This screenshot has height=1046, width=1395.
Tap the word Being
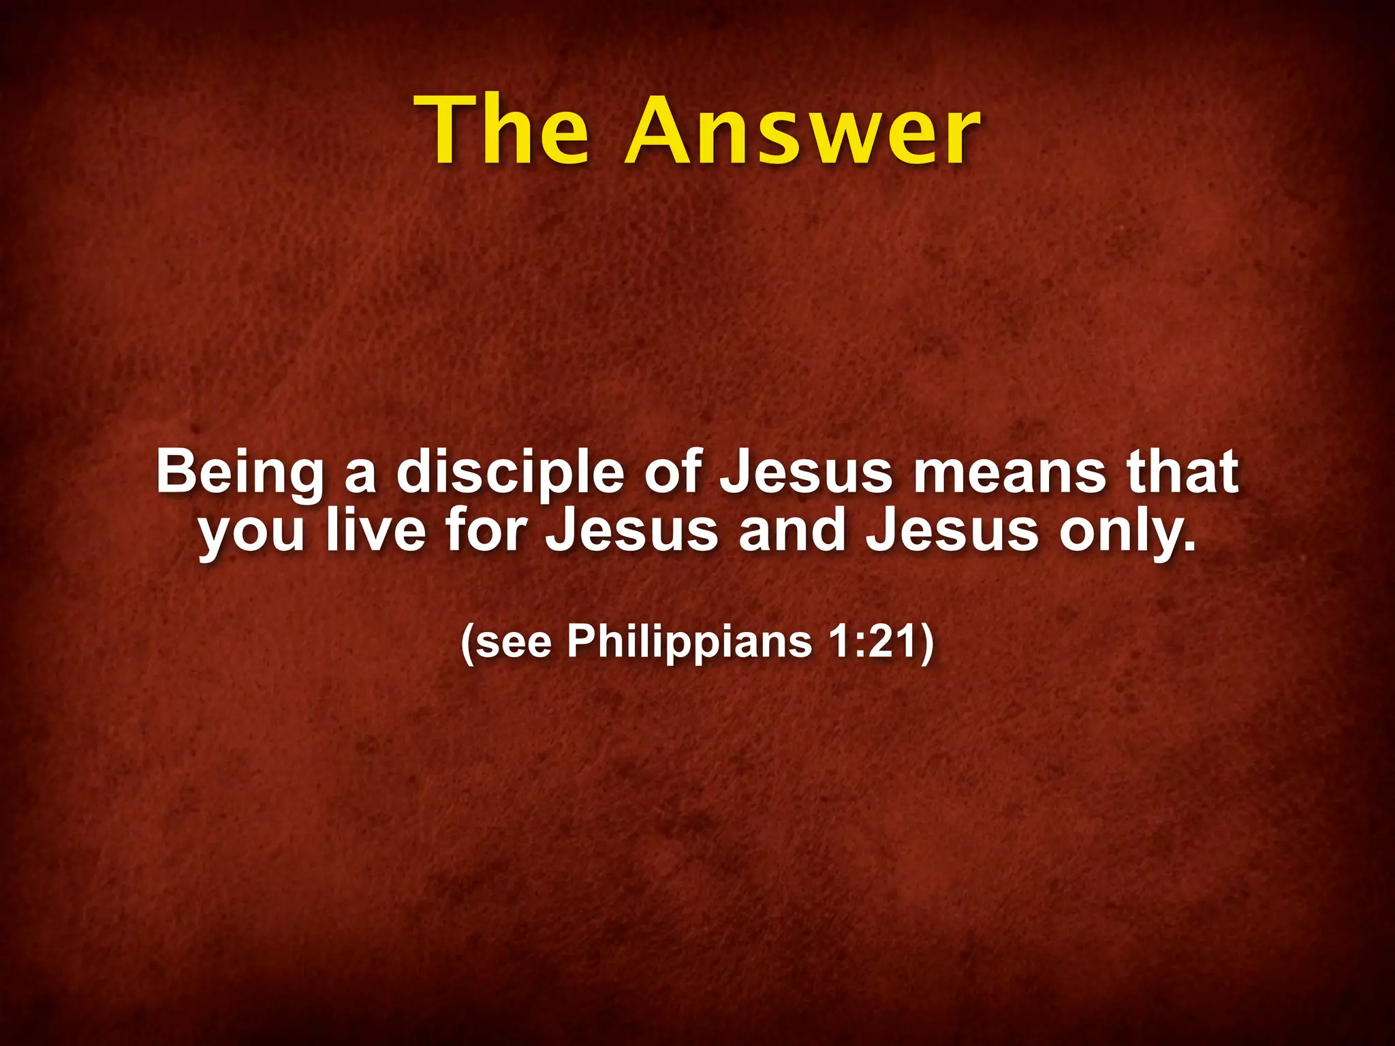point(240,473)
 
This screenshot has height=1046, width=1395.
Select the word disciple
point(510,473)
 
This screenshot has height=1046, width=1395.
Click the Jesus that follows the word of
point(806,471)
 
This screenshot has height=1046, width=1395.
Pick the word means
point(1009,473)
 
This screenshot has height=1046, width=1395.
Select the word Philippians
point(689,641)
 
